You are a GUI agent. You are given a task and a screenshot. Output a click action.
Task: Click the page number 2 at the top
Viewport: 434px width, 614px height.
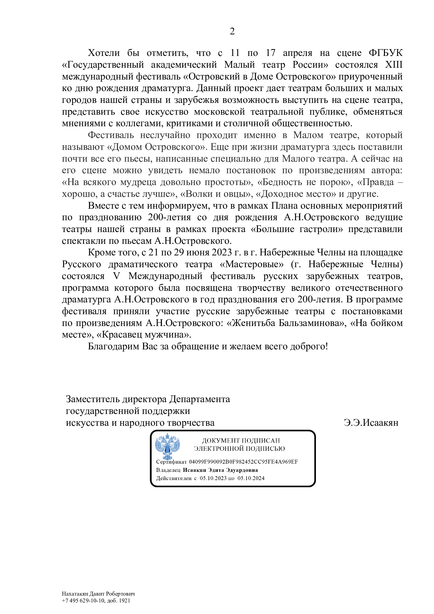(x=232, y=32)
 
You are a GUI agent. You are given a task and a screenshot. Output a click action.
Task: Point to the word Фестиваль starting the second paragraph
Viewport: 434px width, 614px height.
(x=111, y=135)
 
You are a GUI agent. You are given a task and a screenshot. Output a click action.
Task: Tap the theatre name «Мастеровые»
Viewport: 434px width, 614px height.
(x=251, y=264)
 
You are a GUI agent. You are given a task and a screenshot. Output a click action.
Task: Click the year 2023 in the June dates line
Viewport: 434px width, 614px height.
(x=221, y=253)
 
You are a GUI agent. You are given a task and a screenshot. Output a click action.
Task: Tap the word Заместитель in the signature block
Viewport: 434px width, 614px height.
(x=92, y=399)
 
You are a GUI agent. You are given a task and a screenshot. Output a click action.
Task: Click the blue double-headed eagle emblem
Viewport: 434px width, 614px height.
(x=167, y=446)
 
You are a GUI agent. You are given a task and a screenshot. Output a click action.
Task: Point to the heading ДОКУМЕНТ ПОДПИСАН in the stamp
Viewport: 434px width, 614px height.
(x=241, y=440)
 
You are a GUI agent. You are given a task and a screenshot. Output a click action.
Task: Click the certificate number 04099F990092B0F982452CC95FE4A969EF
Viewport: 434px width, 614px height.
(x=243, y=462)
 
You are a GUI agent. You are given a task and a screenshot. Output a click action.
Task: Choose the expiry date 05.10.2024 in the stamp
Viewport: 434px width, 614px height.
(x=251, y=478)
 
